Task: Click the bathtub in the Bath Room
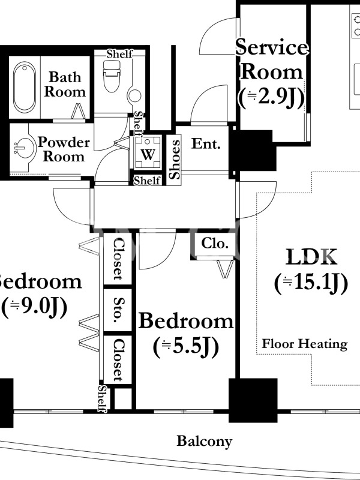pyautogui.click(x=25, y=87)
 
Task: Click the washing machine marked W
pyautogui.click(x=148, y=152)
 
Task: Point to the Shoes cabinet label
pyautogui.click(x=175, y=159)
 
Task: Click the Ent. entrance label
pyautogui.click(x=206, y=143)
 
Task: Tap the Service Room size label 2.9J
pyautogui.click(x=271, y=98)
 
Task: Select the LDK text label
pyautogui.click(x=311, y=257)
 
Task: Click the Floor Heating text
pyautogui.click(x=305, y=344)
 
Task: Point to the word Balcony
pyautogui.click(x=204, y=442)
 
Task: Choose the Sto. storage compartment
pyautogui.click(x=118, y=310)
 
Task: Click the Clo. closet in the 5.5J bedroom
pyautogui.click(x=215, y=244)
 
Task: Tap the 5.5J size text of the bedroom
pyautogui.click(x=186, y=347)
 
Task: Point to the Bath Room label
pyautogui.click(x=65, y=84)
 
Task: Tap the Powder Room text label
pyautogui.click(x=64, y=149)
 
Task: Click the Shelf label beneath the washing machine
pyautogui.click(x=147, y=181)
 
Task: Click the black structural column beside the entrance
pyautogui.click(x=253, y=151)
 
